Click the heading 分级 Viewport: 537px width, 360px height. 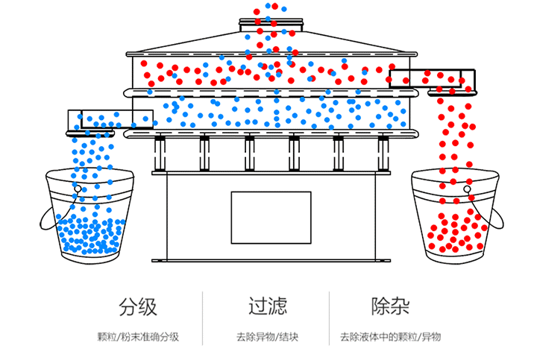click(x=138, y=306)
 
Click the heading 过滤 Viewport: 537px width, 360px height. click(x=268, y=306)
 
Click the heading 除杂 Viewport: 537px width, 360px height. click(x=390, y=306)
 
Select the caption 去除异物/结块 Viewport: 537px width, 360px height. click(x=268, y=337)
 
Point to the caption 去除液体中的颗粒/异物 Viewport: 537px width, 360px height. click(x=390, y=337)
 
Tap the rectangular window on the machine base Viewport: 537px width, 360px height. click(x=270, y=217)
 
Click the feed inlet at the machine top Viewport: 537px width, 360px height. click(x=272, y=27)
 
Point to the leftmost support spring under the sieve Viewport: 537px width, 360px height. click(x=159, y=153)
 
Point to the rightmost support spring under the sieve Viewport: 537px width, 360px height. click(x=383, y=153)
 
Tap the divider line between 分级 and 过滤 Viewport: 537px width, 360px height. click(x=203, y=318)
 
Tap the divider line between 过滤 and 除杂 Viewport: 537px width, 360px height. click(x=329, y=318)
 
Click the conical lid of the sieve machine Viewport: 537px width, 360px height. click(x=272, y=43)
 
